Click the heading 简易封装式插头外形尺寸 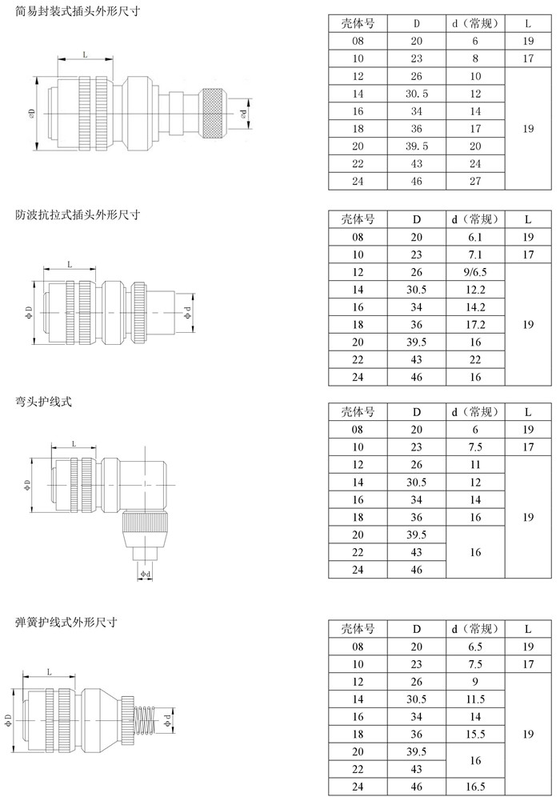[x=78, y=10]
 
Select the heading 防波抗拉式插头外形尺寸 [x=78, y=214]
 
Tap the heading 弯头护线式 [x=44, y=402]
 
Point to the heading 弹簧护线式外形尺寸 [x=66, y=622]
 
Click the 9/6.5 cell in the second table [x=475, y=272]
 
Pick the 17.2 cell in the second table [x=475, y=324]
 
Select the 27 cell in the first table [x=475, y=181]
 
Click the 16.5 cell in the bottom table [x=475, y=787]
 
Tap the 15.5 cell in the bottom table [x=475, y=734]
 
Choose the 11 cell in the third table [x=475, y=465]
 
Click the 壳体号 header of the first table [x=358, y=23]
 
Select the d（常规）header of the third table [x=475, y=412]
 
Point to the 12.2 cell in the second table [x=475, y=290]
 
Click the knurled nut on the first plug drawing [x=214, y=114]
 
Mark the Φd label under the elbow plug [x=146, y=574]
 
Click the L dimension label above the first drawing [x=85, y=54]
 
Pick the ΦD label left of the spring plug [x=8, y=720]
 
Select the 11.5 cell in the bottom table [x=475, y=699]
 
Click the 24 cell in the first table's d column [x=475, y=164]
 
